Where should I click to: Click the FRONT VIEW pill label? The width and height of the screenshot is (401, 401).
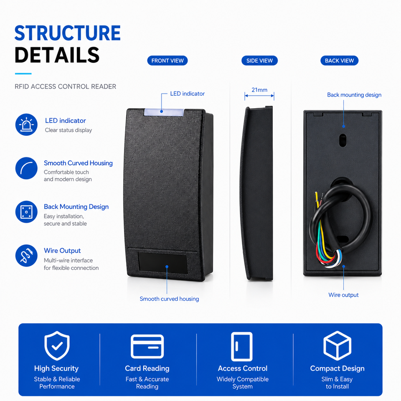pyautogui.click(x=167, y=61)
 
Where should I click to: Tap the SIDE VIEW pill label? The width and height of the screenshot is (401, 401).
pyautogui.click(x=259, y=61)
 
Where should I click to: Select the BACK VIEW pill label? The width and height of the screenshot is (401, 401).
pyautogui.click(x=339, y=61)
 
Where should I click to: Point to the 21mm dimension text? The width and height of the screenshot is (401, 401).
pyautogui.click(x=259, y=90)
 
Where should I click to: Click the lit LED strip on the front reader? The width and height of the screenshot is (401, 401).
pyautogui.click(x=164, y=112)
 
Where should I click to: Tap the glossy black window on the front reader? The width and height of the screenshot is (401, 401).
pyautogui.click(x=163, y=263)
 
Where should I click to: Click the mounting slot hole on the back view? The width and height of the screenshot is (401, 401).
pyautogui.click(x=343, y=140)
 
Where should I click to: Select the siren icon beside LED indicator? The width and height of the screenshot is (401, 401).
pyautogui.click(x=26, y=124)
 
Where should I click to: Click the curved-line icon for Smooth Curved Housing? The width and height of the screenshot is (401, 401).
pyautogui.click(x=26, y=168)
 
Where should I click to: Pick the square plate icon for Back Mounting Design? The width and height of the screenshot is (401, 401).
pyautogui.click(x=26, y=212)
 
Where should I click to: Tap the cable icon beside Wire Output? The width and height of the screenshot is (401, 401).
pyautogui.click(x=26, y=256)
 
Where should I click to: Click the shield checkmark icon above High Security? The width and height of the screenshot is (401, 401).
pyautogui.click(x=57, y=345)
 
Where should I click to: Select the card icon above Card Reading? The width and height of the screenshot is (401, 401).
pyautogui.click(x=147, y=346)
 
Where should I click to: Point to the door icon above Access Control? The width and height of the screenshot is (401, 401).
pyautogui.click(x=242, y=347)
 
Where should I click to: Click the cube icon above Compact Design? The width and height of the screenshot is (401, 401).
pyautogui.click(x=338, y=345)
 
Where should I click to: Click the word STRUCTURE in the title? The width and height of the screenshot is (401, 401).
pyautogui.click(x=68, y=33)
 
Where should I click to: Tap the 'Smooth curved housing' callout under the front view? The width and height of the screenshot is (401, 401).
pyautogui.click(x=169, y=299)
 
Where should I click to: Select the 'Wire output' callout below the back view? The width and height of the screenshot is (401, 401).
pyautogui.click(x=343, y=295)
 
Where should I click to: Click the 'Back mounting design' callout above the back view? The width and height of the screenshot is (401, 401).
pyautogui.click(x=354, y=95)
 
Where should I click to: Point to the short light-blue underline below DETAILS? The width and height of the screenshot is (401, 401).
pyautogui.click(x=23, y=74)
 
